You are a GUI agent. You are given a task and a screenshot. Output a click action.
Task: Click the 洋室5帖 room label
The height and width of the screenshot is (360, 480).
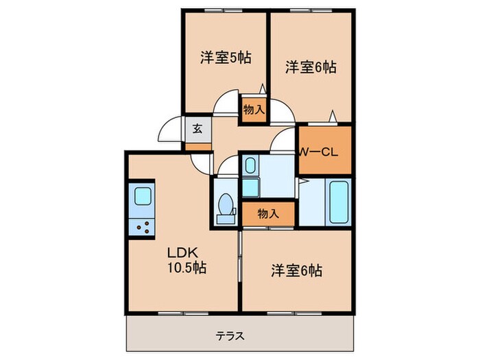click(x=225, y=58)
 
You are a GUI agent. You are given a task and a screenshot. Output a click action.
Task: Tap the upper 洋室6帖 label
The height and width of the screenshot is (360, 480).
click(x=311, y=67)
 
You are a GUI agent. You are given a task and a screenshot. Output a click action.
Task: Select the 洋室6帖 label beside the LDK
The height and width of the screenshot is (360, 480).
click(x=295, y=270)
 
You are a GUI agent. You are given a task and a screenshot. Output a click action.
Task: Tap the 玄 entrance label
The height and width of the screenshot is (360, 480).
click(x=197, y=128)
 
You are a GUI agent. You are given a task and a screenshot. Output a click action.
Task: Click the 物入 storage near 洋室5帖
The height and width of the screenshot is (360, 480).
click(x=252, y=109)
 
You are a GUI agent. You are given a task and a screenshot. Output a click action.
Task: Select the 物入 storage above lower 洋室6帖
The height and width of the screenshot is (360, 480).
click(x=268, y=214)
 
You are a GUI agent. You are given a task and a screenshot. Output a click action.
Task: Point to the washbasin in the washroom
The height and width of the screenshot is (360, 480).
click(x=250, y=166)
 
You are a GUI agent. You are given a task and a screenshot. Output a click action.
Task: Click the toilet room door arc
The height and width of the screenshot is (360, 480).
click(x=226, y=167)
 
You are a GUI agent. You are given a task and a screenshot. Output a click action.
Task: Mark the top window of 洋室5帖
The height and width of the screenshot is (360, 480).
click(x=225, y=10)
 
